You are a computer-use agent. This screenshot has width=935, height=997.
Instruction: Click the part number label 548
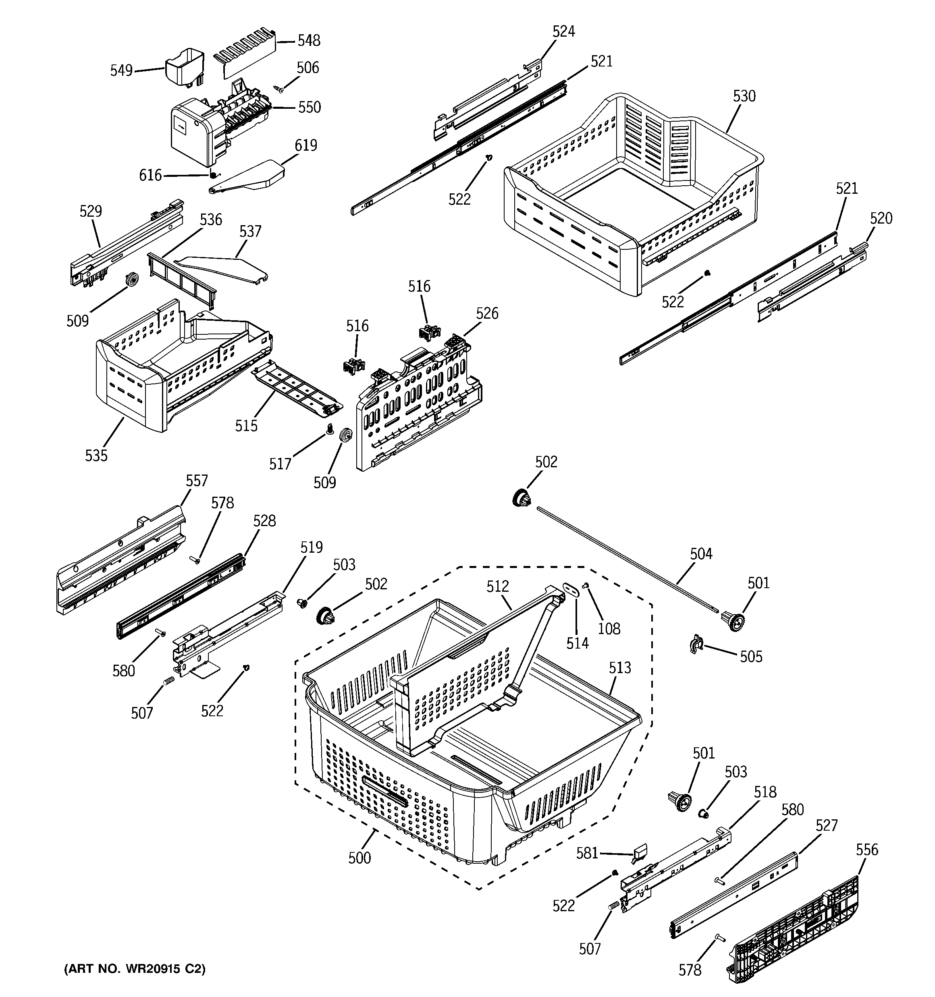(x=309, y=41)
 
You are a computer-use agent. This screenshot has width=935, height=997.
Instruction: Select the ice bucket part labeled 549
(x=185, y=66)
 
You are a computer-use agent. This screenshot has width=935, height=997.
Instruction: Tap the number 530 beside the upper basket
(x=744, y=96)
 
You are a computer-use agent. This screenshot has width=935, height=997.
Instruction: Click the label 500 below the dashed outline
(x=359, y=858)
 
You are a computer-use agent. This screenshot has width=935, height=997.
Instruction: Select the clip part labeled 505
(x=696, y=643)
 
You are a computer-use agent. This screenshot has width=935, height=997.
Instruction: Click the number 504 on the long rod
(x=700, y=554)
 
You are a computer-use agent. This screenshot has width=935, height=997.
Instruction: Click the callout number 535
(x=96, y=455)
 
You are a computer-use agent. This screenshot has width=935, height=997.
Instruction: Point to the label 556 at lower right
(x=867, y=850)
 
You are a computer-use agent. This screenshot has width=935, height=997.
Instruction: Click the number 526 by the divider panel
(x=487, y=313)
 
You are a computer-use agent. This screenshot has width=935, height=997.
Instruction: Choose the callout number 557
(x=196, y=481)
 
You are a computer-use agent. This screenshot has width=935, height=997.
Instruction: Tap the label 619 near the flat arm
(x=305, y=145)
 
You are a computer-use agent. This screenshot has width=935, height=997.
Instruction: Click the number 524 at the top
(x=563, y=31)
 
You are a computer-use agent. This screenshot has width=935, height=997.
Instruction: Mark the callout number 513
(x=619, y=667)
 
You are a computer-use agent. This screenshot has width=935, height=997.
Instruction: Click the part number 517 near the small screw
(x=280, y=464)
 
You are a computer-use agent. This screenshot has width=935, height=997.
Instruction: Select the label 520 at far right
(x=881, y=218)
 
